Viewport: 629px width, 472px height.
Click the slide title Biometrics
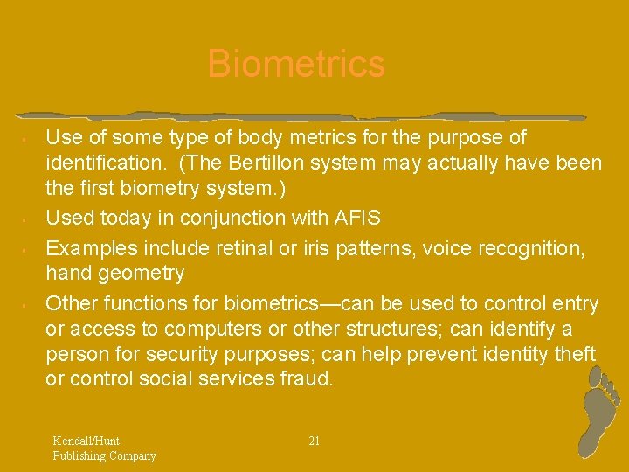[296, 65]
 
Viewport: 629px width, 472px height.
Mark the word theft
[573, 354]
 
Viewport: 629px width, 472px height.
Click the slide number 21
[314, 441]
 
